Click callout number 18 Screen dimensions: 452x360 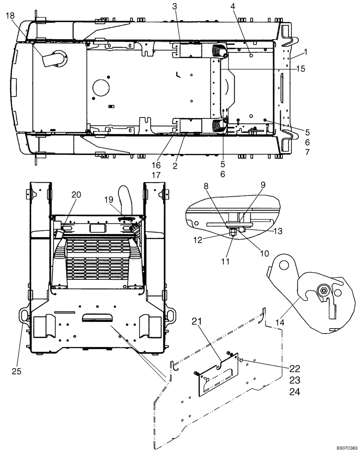point(10,16)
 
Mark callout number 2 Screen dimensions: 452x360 point(175,166)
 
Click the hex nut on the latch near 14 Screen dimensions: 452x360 point(324,290)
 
